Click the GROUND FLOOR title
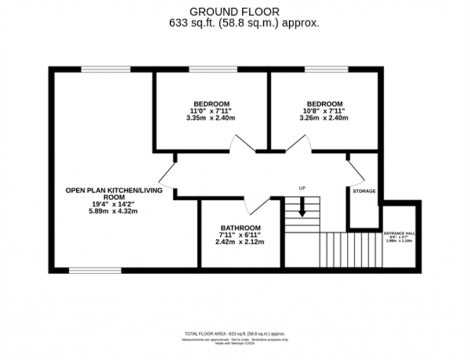tap(235, 11)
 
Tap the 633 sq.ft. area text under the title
tap(244, 23)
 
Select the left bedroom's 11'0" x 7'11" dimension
tap(211, 111)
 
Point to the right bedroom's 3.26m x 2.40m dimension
tap(325, 118)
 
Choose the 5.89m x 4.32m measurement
tap(114, 211)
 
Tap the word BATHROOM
tap(240, 228)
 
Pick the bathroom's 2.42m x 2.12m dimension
tap(240, 242)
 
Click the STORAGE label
tap(364, 191)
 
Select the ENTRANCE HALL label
tap(399, 233)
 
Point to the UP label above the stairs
tap(302, 188)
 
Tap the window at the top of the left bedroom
tap(213, 70)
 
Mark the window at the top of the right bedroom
tap(326, 70)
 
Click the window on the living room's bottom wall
tap(95, 270)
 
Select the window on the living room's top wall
tap(106, 70)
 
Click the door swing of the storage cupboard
tap(355, 173)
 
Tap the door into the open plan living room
tap(167, 174)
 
